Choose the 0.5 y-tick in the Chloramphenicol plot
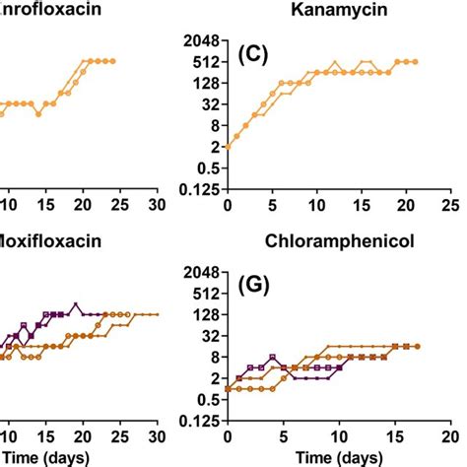coord(204,399)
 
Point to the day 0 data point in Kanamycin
coord(228,147)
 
